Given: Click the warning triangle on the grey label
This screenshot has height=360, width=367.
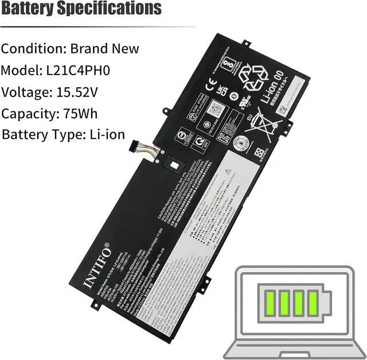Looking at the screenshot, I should click(228, 171).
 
